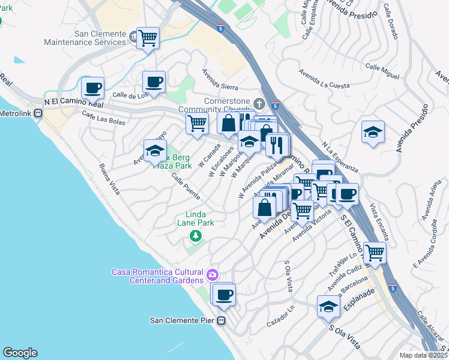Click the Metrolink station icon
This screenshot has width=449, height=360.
tap(38, 113)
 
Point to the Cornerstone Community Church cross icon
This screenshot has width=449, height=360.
tap(259, 101)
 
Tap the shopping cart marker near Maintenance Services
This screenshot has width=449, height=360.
tap(148, 39)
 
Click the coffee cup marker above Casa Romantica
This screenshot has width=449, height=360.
tap(224, 295)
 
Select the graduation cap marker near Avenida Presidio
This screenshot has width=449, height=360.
tap(373, 133)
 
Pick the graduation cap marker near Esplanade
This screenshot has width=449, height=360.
tap(328, 307)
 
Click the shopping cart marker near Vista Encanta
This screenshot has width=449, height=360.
tap(375, 254)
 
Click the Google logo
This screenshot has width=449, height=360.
tap(20, 353)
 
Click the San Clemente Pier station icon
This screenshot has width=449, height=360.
tap(221, 320)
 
